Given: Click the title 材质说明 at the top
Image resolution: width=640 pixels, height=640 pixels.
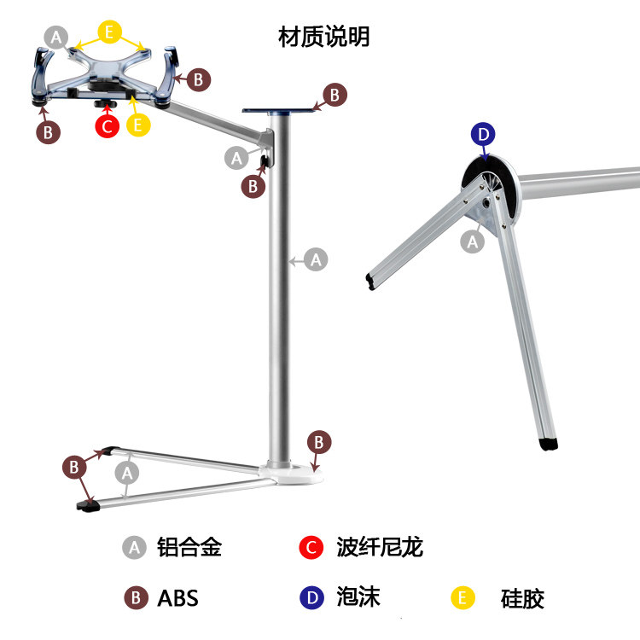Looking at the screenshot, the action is pos(324,38).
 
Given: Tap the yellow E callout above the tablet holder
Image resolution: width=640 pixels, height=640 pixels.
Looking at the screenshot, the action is pos(108,32).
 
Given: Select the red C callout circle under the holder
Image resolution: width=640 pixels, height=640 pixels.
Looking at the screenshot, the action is pos(107,125).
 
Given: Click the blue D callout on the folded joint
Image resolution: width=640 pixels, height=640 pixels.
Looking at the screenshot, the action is pos(483,134).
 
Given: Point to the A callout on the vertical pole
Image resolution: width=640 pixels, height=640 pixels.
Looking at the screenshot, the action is pos(317,259).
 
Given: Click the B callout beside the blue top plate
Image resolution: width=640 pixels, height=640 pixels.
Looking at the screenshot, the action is pos(335,95).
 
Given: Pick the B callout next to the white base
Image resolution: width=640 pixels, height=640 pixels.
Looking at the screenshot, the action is pos(318,442).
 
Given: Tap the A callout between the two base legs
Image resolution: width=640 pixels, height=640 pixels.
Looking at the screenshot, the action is pos(128,472).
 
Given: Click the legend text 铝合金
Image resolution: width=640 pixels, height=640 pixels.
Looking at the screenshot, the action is pos(189,547).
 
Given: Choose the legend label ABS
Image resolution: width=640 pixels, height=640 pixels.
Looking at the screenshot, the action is pos(177,598).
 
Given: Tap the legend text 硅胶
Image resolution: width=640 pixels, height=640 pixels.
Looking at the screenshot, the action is pos(522,598).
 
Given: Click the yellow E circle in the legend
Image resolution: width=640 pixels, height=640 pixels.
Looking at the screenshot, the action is pos(463,598).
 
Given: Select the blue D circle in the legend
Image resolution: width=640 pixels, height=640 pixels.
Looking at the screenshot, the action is pos(312,598).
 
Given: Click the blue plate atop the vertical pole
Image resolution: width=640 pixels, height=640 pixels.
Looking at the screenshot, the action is pos(280,110).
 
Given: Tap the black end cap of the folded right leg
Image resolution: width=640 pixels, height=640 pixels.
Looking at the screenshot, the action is pos(549,444).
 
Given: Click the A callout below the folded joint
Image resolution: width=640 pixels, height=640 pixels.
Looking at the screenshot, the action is pos(473,241).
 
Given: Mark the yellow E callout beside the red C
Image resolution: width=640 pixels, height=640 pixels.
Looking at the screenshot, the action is pos(138,125).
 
